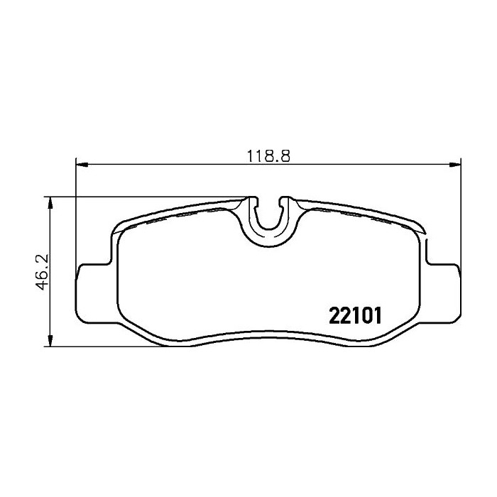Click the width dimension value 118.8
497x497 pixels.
(268, 156)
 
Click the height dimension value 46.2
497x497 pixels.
(43, 272)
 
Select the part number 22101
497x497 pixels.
(355, 316)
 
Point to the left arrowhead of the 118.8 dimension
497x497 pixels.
(82, 164)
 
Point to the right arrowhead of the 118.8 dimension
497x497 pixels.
(455, 164)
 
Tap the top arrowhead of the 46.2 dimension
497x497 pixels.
(50, 202)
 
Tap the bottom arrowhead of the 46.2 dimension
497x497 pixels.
(50, 341)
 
